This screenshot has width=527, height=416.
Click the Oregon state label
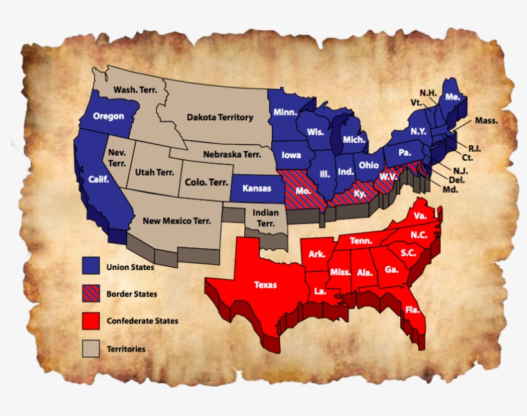109,116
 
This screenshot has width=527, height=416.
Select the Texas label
266,284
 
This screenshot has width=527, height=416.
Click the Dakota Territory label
220,118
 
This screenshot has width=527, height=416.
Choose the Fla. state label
413,310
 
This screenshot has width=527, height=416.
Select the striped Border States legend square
90,293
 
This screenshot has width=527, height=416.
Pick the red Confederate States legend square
90,320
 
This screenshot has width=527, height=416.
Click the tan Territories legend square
90,348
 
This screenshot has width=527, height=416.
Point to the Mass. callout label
487,121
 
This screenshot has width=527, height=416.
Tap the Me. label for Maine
452,97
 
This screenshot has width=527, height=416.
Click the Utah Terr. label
155,172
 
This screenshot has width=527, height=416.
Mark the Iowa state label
291,156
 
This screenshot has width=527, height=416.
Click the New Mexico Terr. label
177,221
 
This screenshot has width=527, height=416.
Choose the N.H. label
428,93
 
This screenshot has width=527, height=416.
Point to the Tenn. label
361,240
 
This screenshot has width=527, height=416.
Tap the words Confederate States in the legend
143,321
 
